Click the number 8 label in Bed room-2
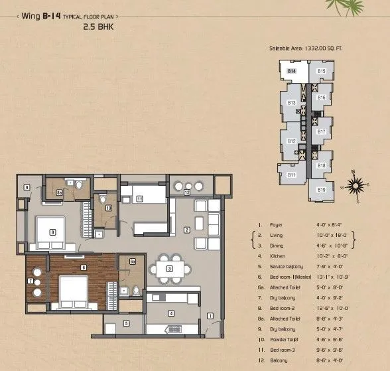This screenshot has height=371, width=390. [x=52, y=232]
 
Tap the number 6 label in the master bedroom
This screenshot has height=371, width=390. [x=83, y=267]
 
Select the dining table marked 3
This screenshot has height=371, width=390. [x=169, y=268]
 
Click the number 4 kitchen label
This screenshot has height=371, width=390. [x=171, y=314]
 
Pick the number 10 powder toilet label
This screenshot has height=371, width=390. [x=108, y=208]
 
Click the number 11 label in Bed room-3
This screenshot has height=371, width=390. [x=139, y=198]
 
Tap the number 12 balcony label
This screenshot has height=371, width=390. [x=188, y=192]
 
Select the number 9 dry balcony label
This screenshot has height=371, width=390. [x=27, y=188]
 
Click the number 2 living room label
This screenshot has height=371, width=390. [x=187, y=230]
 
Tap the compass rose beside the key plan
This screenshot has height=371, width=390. [x=356, y=184]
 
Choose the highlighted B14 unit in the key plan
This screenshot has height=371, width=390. [x=291, y=70]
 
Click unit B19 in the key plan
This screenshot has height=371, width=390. [x=321, y=190]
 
